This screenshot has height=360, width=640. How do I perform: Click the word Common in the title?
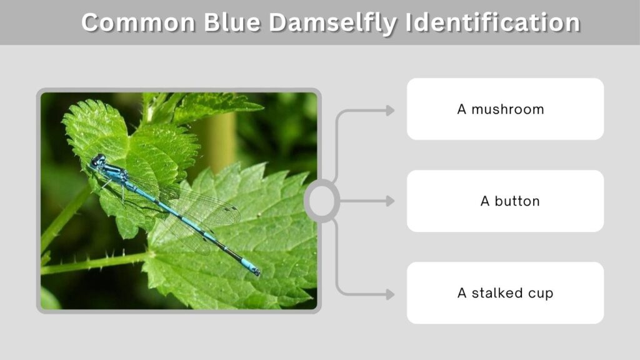pos(138,22)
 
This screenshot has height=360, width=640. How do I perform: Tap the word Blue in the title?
pos(232,22)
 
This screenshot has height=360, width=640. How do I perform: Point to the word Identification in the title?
pos(492,22)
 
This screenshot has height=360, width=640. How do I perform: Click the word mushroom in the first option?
pos(507,109)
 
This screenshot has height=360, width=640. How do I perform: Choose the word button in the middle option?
pos(517,201)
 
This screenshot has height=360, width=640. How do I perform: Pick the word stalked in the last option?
pos(497,292)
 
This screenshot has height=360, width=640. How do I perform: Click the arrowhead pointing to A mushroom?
pos(390,110)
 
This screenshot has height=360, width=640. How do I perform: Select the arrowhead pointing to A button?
pos(390,201)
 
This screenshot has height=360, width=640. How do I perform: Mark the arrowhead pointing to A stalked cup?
pos(390,294)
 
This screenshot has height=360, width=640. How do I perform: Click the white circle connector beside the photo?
pos(322,201)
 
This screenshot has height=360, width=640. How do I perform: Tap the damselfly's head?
pos(98,160)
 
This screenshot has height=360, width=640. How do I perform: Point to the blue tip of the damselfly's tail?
pos(250,266)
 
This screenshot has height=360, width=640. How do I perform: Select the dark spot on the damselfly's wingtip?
pos(234,209)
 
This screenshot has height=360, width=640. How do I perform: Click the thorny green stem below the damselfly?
pos(94,262)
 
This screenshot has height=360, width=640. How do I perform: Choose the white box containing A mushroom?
pos(505,109)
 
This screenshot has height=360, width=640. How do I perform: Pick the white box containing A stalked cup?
pos(505,293)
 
